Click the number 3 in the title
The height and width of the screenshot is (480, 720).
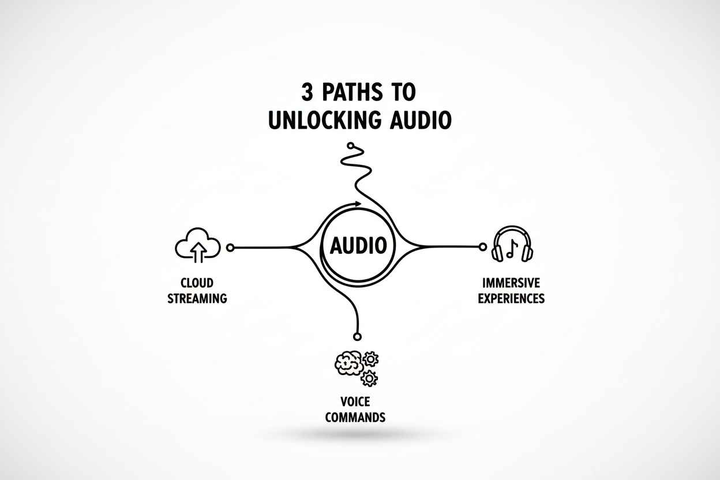307,92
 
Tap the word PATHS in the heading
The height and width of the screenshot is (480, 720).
352,92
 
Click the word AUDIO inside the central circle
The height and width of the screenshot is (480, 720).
358,245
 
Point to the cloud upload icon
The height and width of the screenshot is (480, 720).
198,245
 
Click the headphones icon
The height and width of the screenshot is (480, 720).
512,243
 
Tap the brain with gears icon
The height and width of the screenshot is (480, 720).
357,368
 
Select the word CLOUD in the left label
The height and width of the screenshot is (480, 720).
197,283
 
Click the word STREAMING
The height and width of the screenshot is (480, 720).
197,298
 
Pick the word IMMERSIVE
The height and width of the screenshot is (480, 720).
511,283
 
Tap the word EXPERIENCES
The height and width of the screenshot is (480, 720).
511,298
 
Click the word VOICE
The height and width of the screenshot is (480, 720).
355,402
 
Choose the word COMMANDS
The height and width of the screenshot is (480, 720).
355,417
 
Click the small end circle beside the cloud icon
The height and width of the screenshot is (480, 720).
230,247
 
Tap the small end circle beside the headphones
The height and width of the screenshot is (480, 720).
482,247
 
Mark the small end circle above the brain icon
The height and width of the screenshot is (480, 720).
357,336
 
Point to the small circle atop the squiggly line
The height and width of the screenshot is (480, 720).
350,145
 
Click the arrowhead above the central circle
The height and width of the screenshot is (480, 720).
358,204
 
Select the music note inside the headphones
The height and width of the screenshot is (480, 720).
512,249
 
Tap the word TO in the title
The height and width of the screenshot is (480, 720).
404,92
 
